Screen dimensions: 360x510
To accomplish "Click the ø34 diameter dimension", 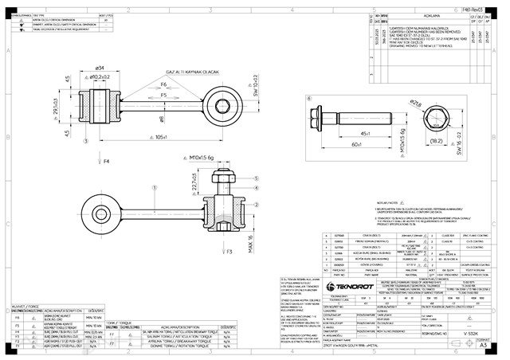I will (x=101, y=68).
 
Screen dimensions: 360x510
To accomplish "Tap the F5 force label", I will (x=163, y=95).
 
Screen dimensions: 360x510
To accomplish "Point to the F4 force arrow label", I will (x=107, y=161).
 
